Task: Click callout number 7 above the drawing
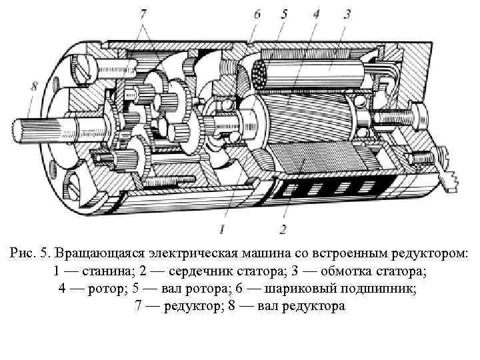pos(144,13)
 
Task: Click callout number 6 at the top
pos(257,13)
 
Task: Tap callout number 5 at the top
pos(283,13)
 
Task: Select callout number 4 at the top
pos(315,13)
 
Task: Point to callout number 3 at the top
pos(347,13)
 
